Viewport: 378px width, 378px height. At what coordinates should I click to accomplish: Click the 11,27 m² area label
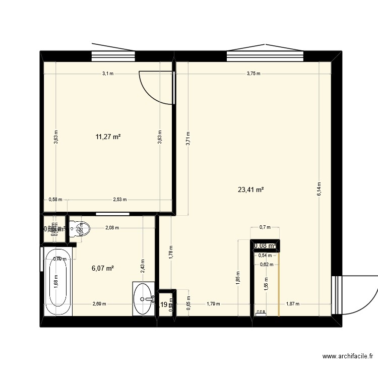click(108, 136)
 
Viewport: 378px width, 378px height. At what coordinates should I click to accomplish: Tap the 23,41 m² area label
click(251, 190)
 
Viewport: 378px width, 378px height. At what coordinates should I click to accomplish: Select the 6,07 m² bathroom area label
click(102, 268)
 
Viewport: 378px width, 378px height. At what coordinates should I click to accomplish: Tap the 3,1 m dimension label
click(108, 74)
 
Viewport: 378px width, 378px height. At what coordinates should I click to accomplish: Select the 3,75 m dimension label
click(254, 74)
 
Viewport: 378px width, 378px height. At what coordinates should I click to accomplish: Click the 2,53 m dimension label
click(120, 200)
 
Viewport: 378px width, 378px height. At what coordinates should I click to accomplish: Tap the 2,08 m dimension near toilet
click(112, 228)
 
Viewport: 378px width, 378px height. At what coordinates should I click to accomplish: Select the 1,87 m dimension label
click(292, 304)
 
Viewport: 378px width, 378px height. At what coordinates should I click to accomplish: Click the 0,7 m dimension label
click(265, 228)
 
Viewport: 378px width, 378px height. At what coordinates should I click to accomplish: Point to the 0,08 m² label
click(265, 246)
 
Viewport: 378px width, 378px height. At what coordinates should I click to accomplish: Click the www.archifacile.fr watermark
click(348, 356)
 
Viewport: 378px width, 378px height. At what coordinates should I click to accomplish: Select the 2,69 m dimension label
click(99, 304)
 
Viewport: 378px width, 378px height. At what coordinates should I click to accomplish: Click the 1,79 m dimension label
click(213, 304)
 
